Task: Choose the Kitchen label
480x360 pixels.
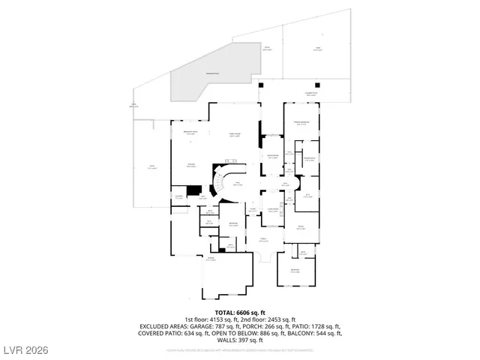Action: click(191, 166)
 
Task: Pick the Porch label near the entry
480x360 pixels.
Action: click(263, 240)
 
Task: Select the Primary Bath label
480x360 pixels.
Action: click(308, 159)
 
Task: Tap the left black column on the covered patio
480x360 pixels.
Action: click(260, 85)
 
